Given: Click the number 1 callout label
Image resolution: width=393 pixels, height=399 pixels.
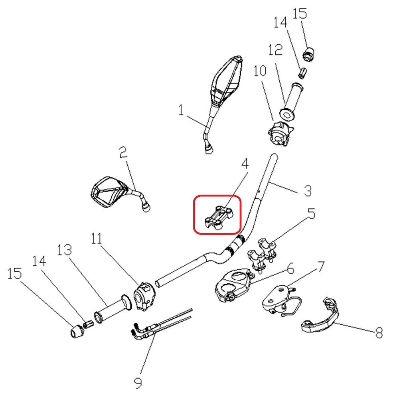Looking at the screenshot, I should click(x=182, y=110).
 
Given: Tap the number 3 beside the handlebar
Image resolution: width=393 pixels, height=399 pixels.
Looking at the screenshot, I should click(x=307, y=190).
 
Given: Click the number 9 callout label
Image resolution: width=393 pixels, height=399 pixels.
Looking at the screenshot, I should click(x=138, y=383).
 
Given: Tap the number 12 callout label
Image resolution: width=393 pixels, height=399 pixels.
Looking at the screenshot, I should click(x=275, y=49).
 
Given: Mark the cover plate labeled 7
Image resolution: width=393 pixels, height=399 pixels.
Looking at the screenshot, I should click(x=276, y=298).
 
